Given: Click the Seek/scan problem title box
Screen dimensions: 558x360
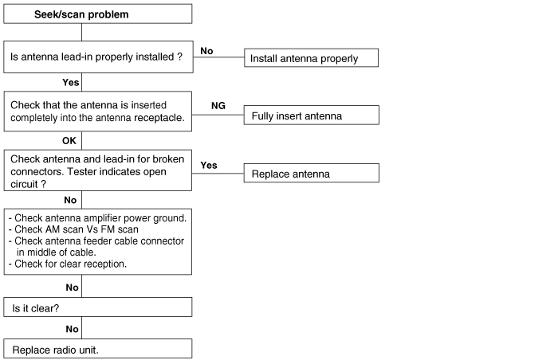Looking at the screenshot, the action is pos(98,14).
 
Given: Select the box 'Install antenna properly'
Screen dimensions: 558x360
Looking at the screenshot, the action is pos(311,57).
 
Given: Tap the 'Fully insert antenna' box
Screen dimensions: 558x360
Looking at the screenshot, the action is pos(312,115).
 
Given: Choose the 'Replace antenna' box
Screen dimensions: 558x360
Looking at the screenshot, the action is pos(312,174).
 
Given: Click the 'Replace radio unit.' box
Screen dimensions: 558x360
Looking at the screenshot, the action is pos(98,349).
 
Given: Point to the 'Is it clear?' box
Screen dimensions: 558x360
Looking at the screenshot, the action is pos(98,307).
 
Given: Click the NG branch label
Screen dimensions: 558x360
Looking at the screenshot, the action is pos(218,106).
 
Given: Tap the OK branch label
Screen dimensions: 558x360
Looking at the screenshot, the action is pos(69,141).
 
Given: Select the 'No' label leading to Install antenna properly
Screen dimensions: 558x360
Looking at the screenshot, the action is pos(206,51).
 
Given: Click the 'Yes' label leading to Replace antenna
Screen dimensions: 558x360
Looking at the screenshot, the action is pos(209,165).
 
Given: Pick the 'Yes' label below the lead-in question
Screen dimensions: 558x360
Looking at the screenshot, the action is pos(70,83).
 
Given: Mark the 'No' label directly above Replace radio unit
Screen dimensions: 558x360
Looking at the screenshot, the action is pos(72,329).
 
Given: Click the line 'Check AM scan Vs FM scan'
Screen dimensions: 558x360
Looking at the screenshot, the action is pos(73,229).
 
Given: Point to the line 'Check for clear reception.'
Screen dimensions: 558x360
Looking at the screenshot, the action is pos(68,264).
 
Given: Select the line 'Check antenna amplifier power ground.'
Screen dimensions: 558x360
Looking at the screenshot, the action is pos(97,218).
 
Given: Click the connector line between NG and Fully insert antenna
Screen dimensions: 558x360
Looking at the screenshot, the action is pos(218,115).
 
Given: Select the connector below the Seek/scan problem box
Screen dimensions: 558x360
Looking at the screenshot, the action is pos(81,33).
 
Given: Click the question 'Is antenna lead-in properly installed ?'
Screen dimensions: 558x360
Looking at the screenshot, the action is pos(96,57).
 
